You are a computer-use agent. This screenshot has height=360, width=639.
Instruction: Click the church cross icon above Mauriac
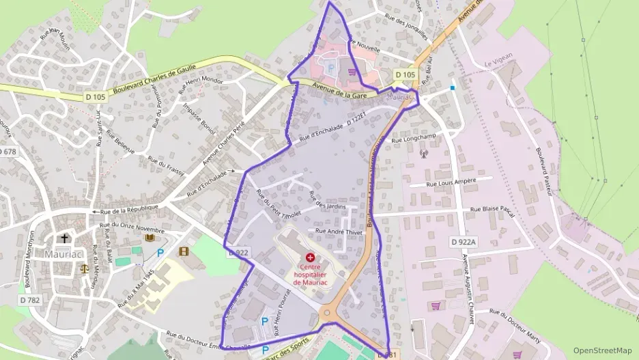(65, 238)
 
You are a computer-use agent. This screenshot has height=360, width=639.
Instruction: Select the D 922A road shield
(464, 242)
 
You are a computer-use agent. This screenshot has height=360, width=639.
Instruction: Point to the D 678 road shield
(7, 151)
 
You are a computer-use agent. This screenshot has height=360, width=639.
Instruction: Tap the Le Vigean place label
(498, 64)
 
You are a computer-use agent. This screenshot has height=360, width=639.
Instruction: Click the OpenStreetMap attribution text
(602, 350)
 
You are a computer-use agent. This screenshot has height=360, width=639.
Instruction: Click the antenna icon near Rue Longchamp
(423, 152)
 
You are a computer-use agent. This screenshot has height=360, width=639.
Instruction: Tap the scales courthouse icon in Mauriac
(85, 268)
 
